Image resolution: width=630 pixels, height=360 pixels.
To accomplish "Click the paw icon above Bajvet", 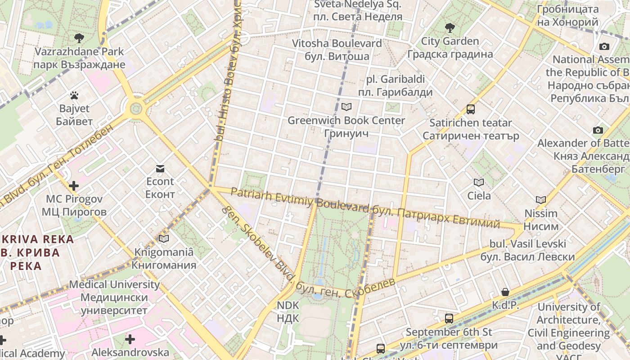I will (74, 95).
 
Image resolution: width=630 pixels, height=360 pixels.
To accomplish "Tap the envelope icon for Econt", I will (160, 169).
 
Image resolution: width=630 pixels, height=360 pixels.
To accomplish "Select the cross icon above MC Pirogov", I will (74, 185).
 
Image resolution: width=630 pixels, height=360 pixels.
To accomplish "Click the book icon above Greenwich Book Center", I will (346, 107).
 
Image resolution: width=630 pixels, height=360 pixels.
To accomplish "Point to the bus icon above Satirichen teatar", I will (471, 109).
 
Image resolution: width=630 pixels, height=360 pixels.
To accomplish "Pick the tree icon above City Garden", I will (450, 28).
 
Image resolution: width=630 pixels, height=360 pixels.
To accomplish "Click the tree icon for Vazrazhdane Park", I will (79, 38).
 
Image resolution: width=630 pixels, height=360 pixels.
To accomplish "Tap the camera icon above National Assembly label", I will (604, 46).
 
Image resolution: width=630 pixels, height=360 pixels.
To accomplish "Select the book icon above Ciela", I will (479, 182).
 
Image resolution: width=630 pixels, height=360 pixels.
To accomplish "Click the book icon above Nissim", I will (540, 200).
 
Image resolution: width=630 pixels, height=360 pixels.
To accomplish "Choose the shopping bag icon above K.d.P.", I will (505, 292).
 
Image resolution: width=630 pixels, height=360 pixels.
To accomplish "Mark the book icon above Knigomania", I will (164, 238).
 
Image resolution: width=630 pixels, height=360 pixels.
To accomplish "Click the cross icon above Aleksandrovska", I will (130, 339).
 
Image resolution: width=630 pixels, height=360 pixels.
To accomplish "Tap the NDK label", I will (288, 311).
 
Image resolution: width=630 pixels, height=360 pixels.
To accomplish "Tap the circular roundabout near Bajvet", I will (135, 108).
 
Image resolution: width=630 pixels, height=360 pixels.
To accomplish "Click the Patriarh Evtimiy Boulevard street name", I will (299, 200).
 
